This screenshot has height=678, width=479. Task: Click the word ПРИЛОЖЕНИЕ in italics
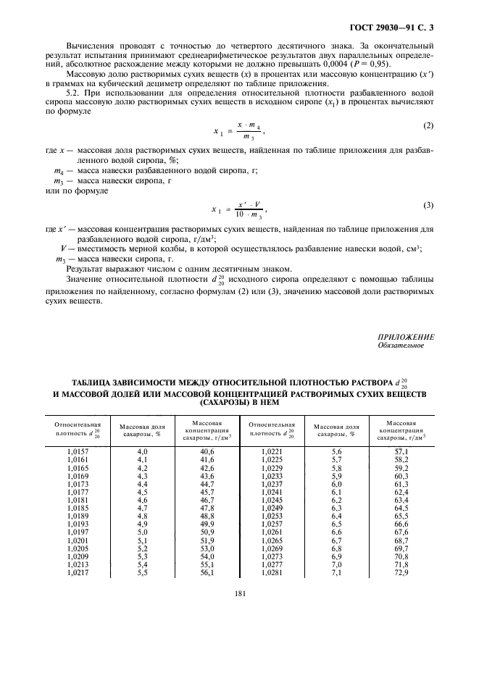point(406,338)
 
